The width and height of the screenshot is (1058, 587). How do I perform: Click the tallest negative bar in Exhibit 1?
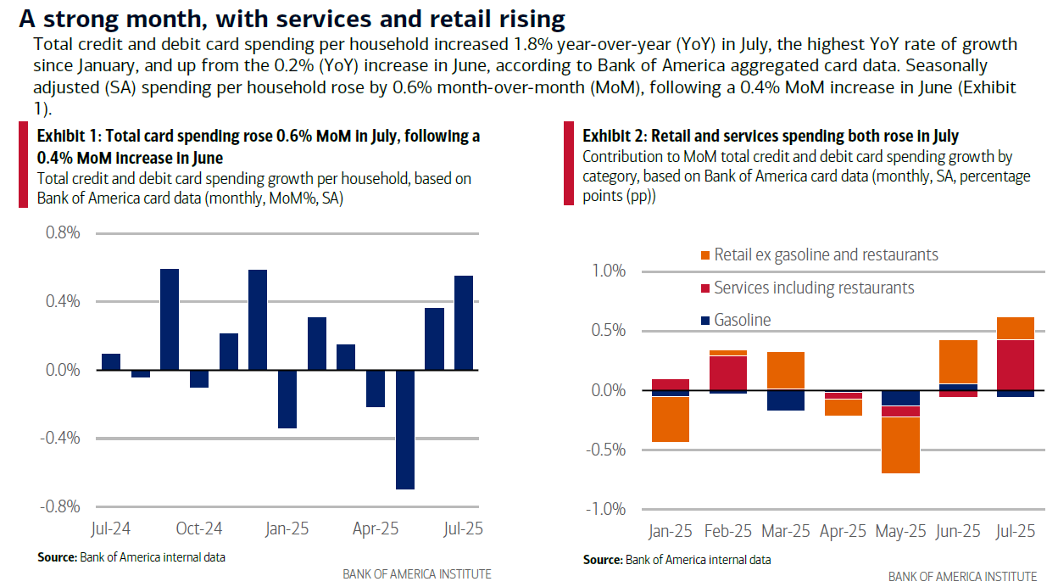click(405, 429)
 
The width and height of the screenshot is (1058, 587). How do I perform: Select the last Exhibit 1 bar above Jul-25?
click(464, 322)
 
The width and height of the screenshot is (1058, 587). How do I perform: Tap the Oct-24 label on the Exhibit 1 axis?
click(199, 528)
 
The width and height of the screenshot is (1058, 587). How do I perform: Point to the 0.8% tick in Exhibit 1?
click(61, 233)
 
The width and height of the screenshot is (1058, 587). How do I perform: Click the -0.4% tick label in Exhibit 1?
click(58, 438)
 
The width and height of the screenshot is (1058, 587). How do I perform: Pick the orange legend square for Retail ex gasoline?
click(704, 255)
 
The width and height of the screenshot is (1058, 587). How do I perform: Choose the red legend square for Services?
click(704, 288)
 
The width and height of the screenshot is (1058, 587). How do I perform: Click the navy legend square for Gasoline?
click(704, 321)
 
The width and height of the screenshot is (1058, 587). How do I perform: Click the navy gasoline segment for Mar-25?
click(786, 400)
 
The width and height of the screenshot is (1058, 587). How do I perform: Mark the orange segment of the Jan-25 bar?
click(670, 419)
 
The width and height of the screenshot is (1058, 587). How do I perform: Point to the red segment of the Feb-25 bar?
click(728, 372)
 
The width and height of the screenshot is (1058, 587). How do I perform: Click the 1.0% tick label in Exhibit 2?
click(608, 271)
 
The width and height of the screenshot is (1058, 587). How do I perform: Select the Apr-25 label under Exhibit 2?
click(844, 532)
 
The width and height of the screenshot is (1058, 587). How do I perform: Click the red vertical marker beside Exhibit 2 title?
click(568, 164)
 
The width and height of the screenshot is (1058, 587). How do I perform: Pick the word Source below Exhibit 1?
click(57, 557)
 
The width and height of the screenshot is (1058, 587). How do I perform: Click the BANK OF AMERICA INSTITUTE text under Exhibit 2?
click(962, 577)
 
